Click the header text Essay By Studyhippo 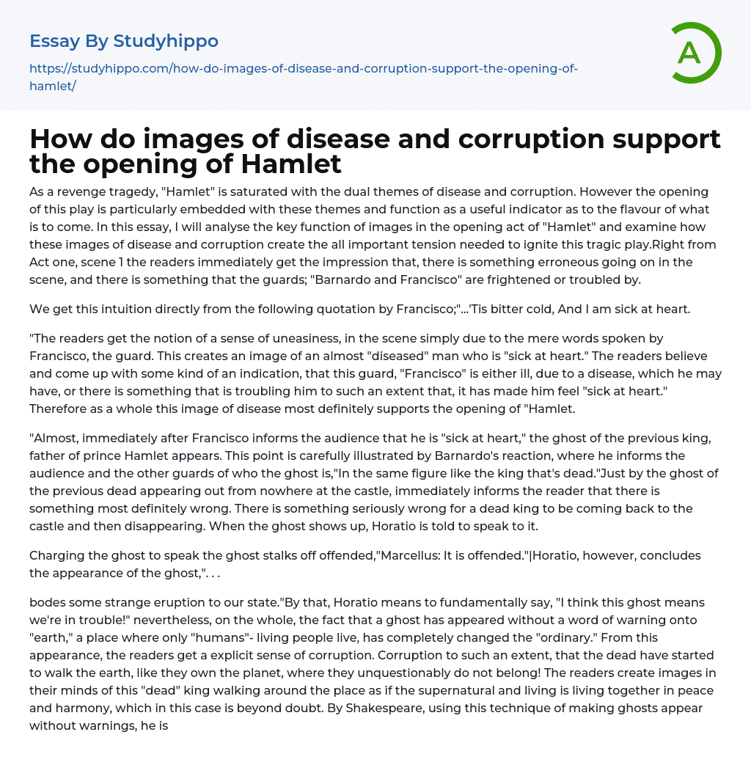click(x=124, y=41)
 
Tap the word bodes click(x=47, y=602)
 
